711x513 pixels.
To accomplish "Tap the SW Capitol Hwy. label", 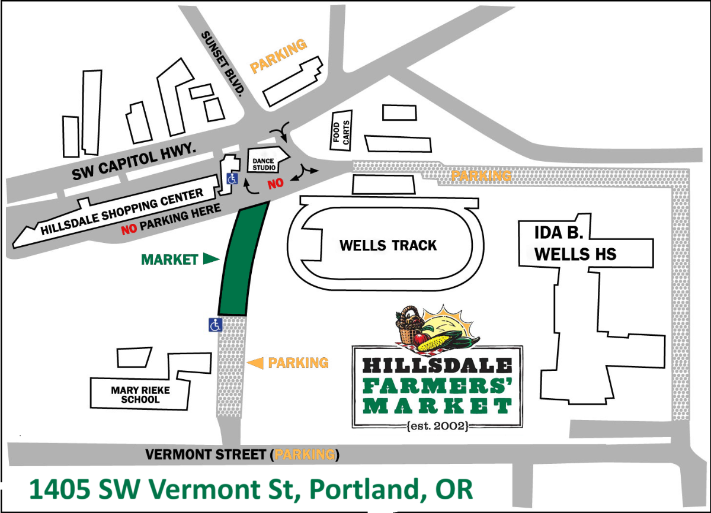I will point(134,163).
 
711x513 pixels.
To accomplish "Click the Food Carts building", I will point(342,131).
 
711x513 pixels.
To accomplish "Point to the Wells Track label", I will point(388,245).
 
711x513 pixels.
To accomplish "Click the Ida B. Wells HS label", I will point(575,243).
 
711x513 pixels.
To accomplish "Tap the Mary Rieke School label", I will point(140,395).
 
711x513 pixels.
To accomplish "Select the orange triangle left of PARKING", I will point(255,363).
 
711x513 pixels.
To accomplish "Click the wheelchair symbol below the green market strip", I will point(215,325).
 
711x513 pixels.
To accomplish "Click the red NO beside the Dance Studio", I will point(275,184).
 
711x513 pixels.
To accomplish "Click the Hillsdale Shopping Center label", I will point(121,212).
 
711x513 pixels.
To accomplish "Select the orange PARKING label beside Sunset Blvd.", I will point(279,56).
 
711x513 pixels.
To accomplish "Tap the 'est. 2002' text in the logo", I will point(438,425).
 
